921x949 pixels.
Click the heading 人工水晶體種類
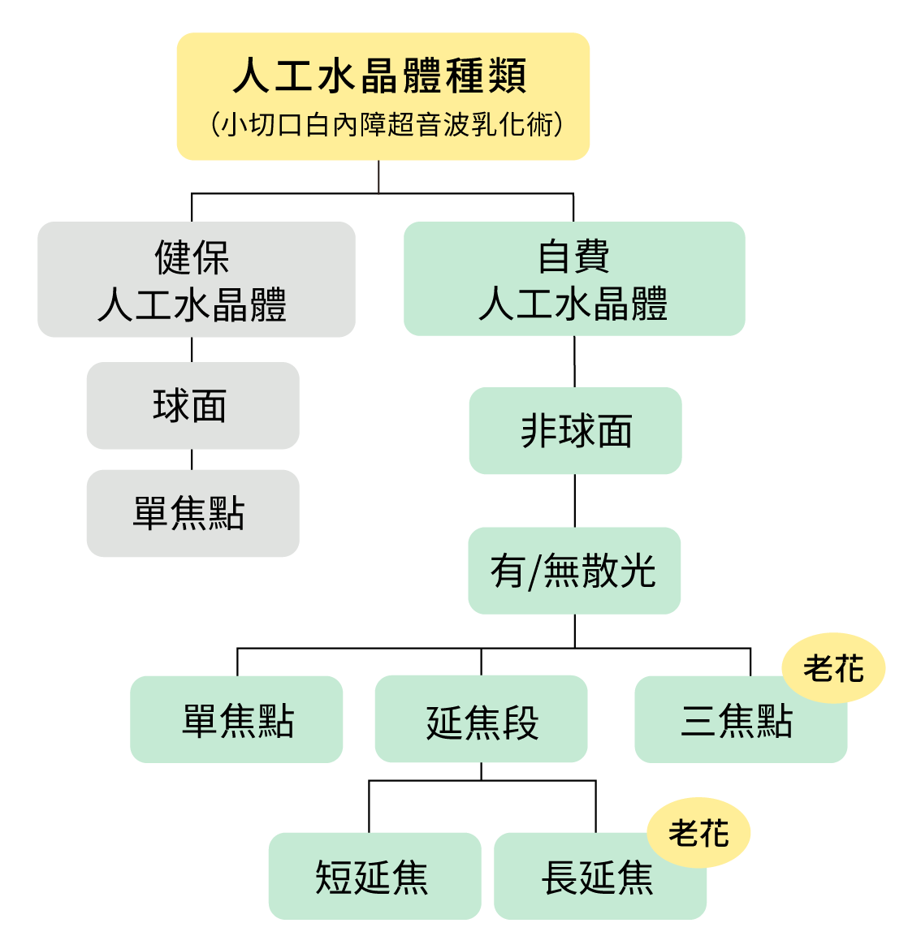coord(380,76)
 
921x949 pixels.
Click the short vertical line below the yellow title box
coord(379,177)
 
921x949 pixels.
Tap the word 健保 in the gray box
coord(192,257)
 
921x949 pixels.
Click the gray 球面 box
coord(192,406)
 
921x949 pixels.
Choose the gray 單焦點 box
coord(192,513)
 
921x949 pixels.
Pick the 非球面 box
coord(575,431)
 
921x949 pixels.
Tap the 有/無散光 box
coord(574,571)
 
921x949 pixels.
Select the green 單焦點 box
coord(236,719)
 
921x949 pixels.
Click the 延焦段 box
coord(481,720)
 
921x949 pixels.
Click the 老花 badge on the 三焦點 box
coord(833,669)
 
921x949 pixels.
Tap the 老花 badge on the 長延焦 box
coord(698,833)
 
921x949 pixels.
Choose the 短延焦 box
coord(374,877)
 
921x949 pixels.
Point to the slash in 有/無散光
coord(534,572)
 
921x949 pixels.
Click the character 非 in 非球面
coord(538,431)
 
